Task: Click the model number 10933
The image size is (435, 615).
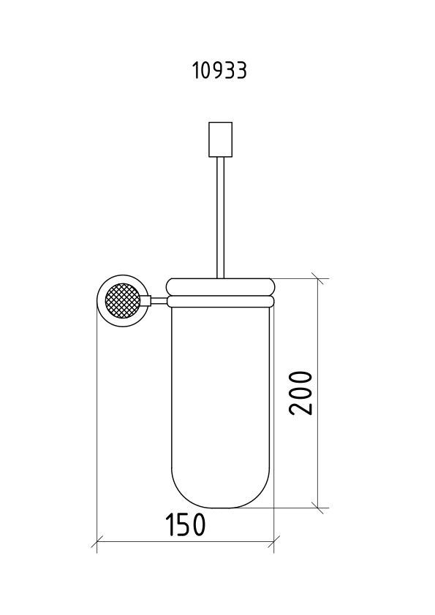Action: point(220,71)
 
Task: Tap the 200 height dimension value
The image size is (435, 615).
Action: point(300,393)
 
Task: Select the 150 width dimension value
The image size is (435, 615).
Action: point(185,524)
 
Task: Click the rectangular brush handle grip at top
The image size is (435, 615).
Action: point(220,140)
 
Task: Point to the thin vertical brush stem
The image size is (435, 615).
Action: point(220,218)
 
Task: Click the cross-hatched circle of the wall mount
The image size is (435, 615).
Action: point(123,301)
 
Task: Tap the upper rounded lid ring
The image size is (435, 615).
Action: point(220,287)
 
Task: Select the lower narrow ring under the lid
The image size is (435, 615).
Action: point(220,301)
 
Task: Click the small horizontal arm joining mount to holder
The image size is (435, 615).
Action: point(158,301)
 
